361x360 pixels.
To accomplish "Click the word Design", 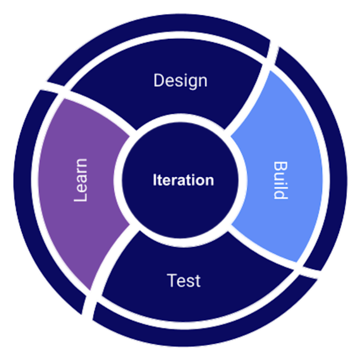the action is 180,81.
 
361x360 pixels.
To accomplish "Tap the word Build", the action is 280,180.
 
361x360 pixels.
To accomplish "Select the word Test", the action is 184,281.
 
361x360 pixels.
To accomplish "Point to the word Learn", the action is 80,180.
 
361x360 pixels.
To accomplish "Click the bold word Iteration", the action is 183,180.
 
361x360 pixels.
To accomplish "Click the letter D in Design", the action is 159,80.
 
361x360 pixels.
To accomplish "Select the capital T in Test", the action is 171,280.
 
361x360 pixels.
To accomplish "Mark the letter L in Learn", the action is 80,197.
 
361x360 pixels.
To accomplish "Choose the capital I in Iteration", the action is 155,180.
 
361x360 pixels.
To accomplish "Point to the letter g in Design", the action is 194,83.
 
